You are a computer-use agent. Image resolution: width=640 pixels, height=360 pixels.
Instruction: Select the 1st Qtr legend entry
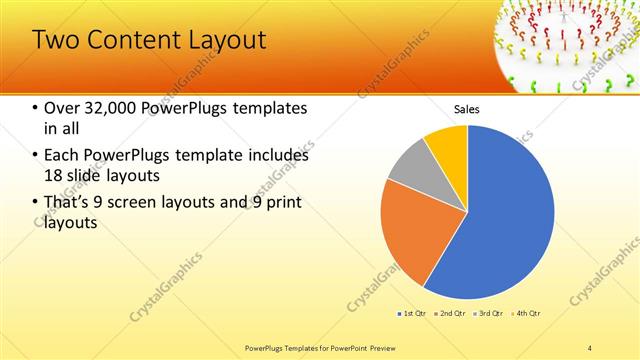[x=412, y=313]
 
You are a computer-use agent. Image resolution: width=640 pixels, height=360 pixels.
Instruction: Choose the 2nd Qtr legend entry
[x=452, y=313]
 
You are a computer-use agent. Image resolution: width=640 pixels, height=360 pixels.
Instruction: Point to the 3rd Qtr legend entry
[x=490, y=313]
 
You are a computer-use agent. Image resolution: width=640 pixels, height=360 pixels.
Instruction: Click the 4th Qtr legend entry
[x=528, y=313]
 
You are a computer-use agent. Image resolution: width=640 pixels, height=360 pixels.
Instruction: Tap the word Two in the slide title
[x=54, y=40]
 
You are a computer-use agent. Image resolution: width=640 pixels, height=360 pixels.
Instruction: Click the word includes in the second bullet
[x=275, y=155]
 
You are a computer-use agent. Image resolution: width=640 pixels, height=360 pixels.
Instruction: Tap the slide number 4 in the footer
[x=590, y=346]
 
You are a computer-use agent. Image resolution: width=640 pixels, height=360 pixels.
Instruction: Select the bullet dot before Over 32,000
[x=36, y=108]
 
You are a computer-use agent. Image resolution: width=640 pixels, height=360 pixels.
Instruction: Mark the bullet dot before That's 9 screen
[x=36, y=203]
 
